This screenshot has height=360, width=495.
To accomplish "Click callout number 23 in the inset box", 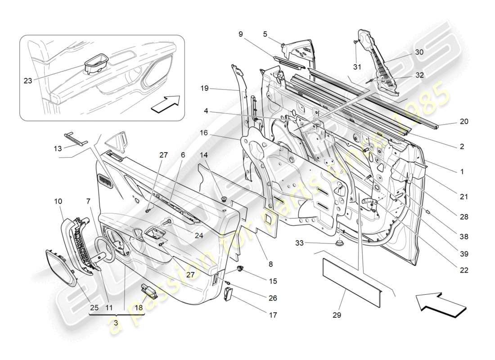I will click(x=28, y=81).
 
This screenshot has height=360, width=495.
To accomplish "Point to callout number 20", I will click(x=464, y=121).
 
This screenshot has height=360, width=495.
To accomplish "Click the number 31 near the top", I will click(x=357, y=67).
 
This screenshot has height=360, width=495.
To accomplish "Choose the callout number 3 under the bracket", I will click(x=116, y=323).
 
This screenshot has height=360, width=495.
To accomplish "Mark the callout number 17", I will click(x=273, y=315).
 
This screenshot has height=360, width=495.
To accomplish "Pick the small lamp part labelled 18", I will click(x=149, y=292).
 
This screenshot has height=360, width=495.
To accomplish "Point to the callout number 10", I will click(x=59, y=201).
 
